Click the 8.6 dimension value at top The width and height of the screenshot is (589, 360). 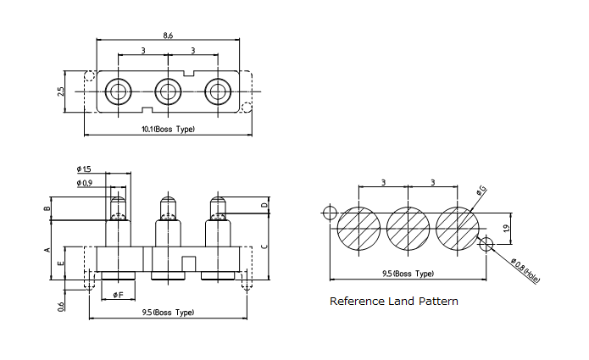pos(168,36)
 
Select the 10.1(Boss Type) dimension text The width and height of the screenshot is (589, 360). pos(168,129)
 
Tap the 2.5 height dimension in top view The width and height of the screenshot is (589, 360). pos(61,91)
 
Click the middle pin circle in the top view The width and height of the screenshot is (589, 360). pos(168,91)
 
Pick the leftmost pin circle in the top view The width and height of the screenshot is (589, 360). pos(118,91)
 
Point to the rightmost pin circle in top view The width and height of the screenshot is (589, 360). pos(219,91)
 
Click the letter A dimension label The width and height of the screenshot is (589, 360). pos(47,249)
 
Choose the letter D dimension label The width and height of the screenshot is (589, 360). pos(264,205)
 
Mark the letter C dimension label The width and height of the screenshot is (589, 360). pos(264,246)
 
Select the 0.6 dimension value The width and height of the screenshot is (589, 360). pos(61,306)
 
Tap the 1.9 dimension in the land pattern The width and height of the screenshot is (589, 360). pos(505,228)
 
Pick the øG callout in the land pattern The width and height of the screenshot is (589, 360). pos(481,191)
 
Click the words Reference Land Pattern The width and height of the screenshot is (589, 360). pos(393,302)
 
